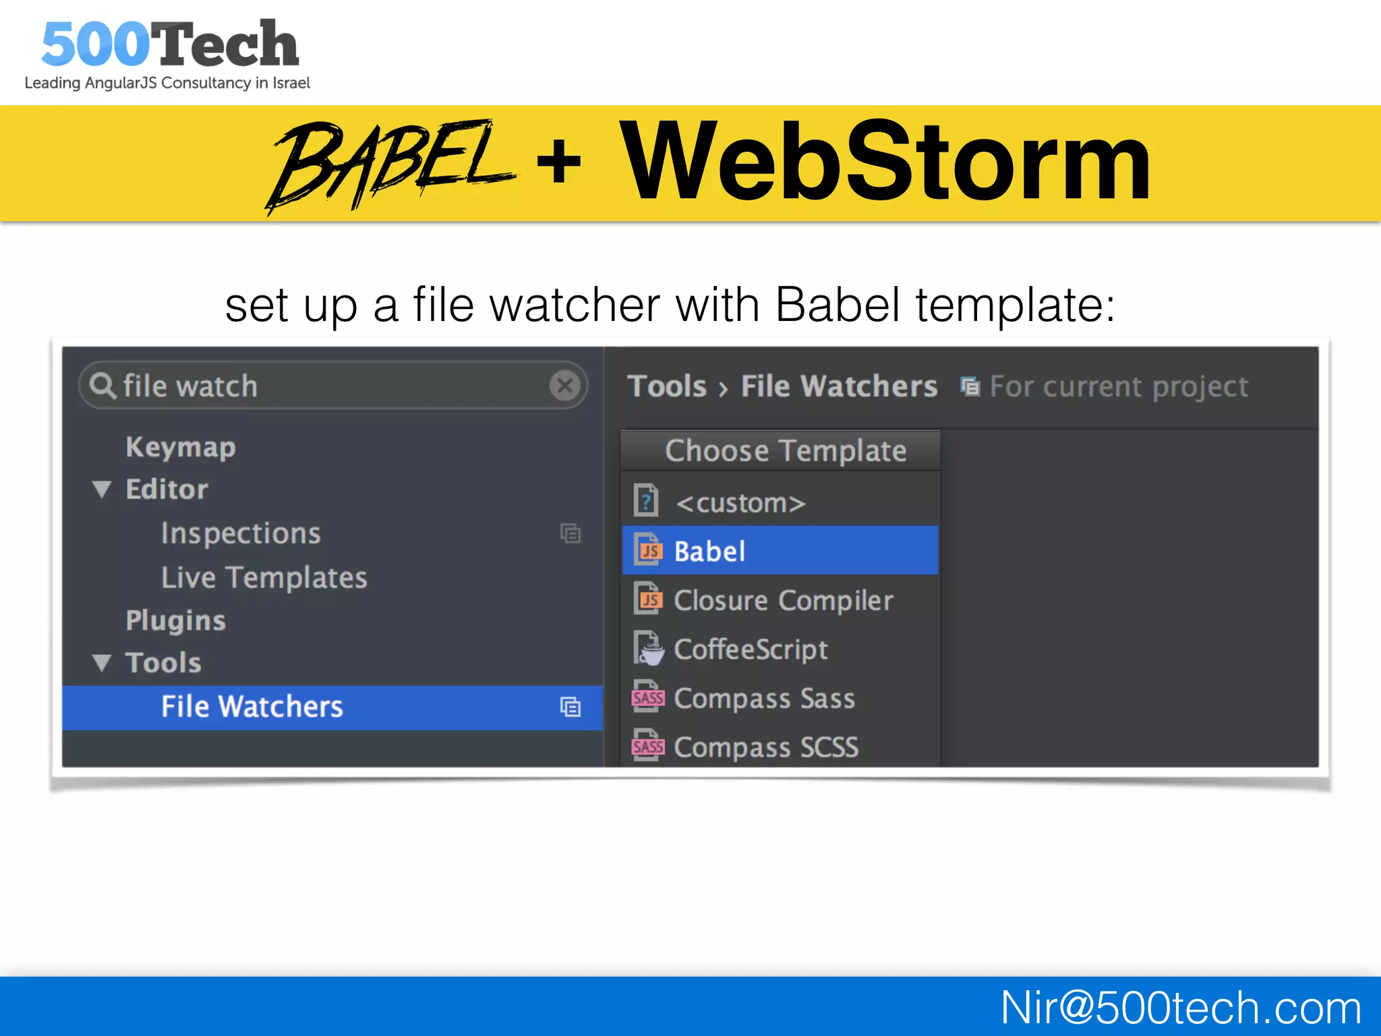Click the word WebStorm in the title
885,162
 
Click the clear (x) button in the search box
565,386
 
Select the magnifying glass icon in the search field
102,386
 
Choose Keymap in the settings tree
181,447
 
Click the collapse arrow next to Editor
102,490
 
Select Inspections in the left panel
241,534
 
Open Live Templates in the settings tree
264,577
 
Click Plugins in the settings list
175,621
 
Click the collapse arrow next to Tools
102,663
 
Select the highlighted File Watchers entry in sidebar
252,707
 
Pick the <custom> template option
740,503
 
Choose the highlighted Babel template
709,551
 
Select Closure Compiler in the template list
783,600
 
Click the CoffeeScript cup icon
649,650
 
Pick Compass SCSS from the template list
765,747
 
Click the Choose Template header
785,451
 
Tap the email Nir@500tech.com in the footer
1180,1008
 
